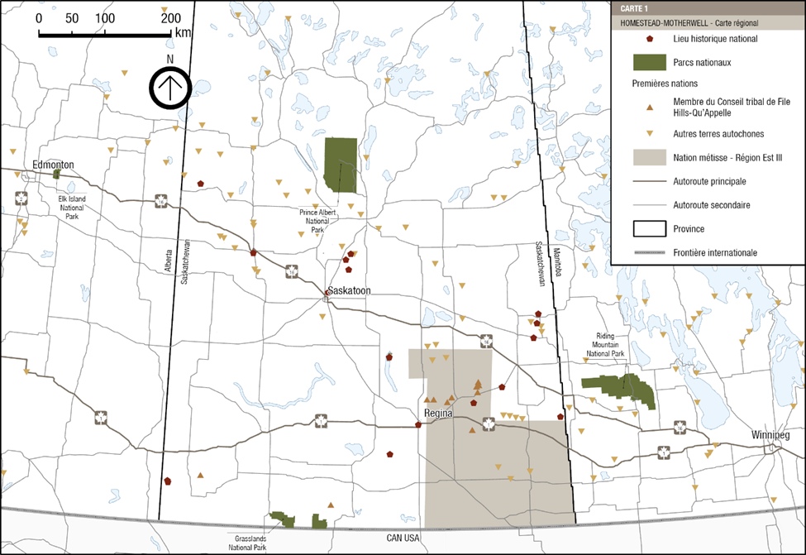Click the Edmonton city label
tap(53, 165)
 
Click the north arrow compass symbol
tap(170, 88)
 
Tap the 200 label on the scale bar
tap(170, 19)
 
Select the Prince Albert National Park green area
tap(341, 165)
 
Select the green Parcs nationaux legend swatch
tap(650, 60)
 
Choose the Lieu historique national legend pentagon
tap(651, 38)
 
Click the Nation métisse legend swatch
tap(650, 156)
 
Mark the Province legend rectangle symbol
tap(650, 227)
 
